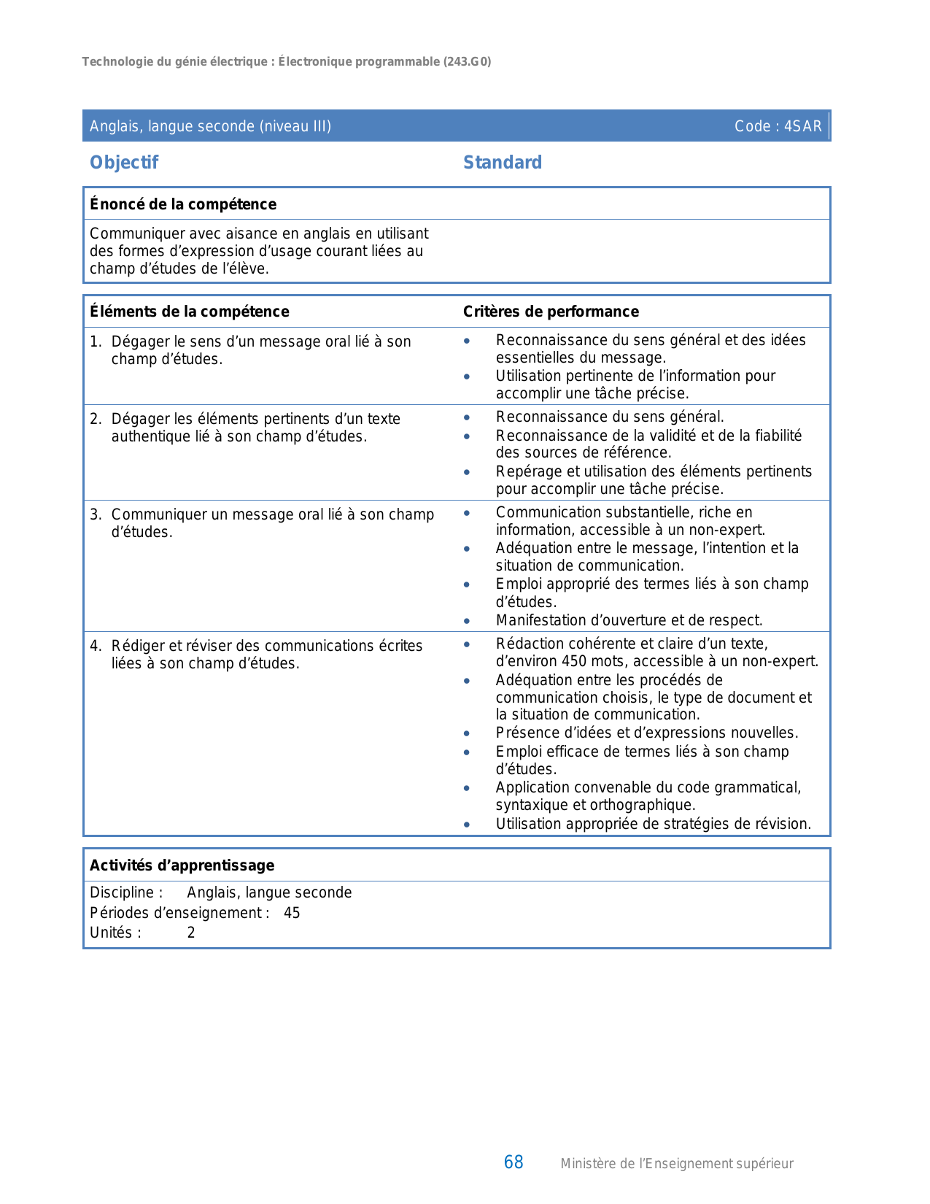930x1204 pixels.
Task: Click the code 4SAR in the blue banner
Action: [802, 126]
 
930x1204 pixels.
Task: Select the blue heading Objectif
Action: [123, 162]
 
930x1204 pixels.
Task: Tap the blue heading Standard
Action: [502, 162]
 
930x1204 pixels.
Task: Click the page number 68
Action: [514, 1162]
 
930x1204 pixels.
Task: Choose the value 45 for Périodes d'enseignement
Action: [292, 913]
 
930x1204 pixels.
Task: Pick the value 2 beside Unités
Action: [191, 933]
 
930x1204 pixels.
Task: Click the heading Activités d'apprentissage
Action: [182, 865]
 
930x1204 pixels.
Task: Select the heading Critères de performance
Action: [551, 312]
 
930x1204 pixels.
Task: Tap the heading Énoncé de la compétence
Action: [182, 204]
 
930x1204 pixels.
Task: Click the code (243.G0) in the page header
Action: [467, 62]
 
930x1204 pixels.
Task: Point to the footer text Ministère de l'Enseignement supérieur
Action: [676, 1164]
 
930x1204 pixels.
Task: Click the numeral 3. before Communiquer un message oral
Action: [96, 514]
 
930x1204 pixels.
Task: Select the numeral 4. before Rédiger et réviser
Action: [96, 646]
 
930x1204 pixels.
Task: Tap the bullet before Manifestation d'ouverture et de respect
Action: [467, 621]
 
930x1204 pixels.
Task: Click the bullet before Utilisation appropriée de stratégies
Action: [467, 825]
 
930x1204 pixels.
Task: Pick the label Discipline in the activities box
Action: [121, 892]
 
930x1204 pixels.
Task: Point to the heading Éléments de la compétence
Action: [189, 312]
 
